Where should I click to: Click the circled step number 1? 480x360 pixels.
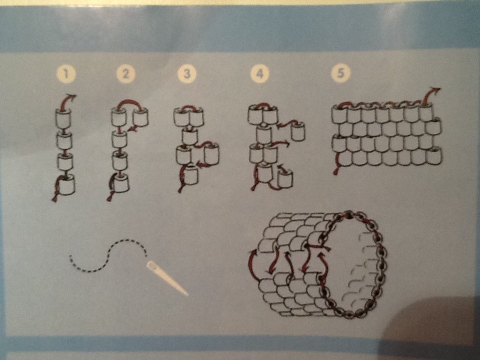66,74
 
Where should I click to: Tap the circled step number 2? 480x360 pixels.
125,74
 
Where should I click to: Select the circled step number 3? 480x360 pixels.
186,74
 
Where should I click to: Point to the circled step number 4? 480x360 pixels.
259,73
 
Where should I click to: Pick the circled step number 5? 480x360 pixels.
340,73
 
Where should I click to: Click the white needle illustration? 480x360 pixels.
167,277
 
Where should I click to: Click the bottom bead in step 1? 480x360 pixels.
66,184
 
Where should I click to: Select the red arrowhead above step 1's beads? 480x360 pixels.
71,97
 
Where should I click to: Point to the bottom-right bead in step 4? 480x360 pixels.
285,178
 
